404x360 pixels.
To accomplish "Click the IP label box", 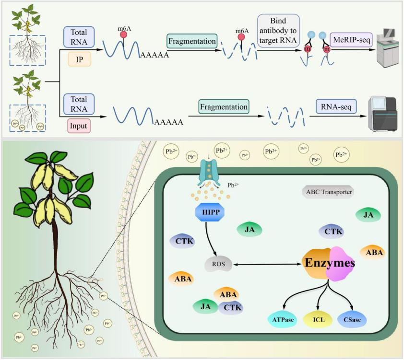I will (x=79, y=59).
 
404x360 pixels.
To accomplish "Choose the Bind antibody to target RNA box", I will (x=278, y=31).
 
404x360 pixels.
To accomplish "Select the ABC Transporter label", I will (x=328, y=192).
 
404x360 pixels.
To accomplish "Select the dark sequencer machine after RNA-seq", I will (x=382, y=114).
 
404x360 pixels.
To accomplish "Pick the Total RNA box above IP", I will (x=79, y=37).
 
